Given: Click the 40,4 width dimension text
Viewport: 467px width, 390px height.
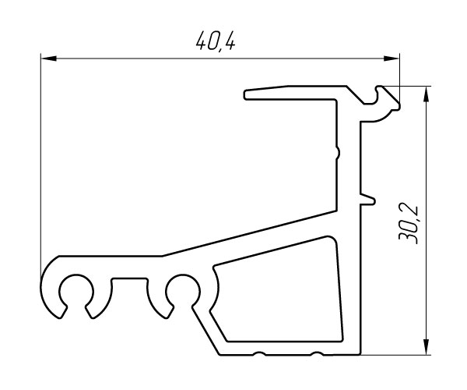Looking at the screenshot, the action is click(216, 41).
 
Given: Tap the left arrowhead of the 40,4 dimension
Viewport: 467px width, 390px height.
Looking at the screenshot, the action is click(48, 58).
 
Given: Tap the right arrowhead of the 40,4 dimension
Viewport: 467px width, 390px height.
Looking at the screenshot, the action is click(392, 58).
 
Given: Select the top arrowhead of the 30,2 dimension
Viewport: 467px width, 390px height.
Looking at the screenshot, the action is click(427, 94).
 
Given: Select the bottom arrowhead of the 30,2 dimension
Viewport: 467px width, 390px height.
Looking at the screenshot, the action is click(427, 347).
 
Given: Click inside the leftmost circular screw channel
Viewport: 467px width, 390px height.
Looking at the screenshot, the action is click(76, 292).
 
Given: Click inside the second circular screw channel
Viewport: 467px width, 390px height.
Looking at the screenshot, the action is click(183, 290).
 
